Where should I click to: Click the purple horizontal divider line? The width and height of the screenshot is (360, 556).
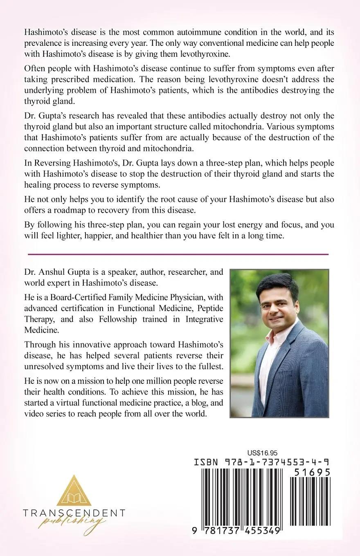178,254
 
